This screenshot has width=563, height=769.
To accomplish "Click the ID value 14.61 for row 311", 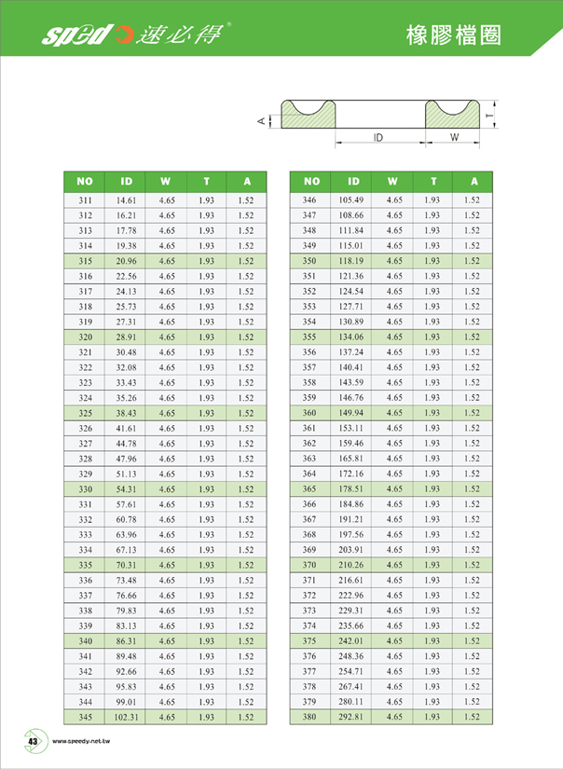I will [127, 200].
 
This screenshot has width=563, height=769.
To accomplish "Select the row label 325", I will [86, 413].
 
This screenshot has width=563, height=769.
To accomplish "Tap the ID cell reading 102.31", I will [127, 717].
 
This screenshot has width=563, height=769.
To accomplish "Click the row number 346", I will [311, 200].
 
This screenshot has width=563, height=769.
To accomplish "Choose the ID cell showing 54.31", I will [127, 488].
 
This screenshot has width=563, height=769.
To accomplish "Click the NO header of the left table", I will [86, 181].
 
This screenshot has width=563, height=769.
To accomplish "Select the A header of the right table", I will [474, 181].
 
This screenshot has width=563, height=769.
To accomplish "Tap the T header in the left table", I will [207, 181].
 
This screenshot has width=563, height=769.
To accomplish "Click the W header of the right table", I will [392, 181].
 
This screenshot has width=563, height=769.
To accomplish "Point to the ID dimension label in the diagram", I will [378, 138].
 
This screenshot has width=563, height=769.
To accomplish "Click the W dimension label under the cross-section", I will [454, 138].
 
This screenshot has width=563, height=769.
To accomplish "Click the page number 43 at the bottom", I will [33, 741].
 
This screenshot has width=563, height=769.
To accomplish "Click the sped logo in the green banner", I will [77, 34].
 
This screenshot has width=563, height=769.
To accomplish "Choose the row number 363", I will [311, 459].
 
